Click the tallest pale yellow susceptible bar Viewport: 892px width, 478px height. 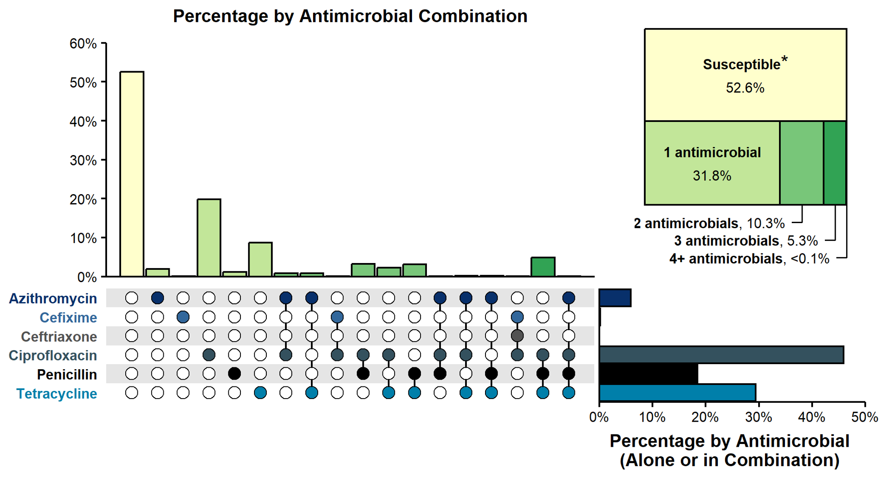pos(132,174)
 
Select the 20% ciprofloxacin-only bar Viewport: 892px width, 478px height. pos(209,238)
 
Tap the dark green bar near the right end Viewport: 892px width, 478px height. pos(543,267)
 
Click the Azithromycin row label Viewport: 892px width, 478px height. pos(53,298)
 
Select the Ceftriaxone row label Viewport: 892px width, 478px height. pos(59,337)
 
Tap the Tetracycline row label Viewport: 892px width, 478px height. pos(57,394)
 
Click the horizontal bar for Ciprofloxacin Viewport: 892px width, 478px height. pos(721,355)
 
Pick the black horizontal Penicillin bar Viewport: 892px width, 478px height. pos(648,374)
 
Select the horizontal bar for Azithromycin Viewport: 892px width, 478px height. pos(615,298)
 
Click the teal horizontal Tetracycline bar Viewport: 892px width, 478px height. pos(677,393)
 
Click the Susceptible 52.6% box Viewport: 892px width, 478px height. pos(745,75)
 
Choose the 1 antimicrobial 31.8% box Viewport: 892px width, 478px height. pos(712,163)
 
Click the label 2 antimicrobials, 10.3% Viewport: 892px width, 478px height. pos(709,223)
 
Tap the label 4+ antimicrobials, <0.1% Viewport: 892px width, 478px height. pos(749,259)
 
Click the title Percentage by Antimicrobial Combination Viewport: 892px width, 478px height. pos(350,16)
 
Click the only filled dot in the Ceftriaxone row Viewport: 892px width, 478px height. pos(517,336)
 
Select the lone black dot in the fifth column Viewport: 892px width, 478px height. pos(234,374)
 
